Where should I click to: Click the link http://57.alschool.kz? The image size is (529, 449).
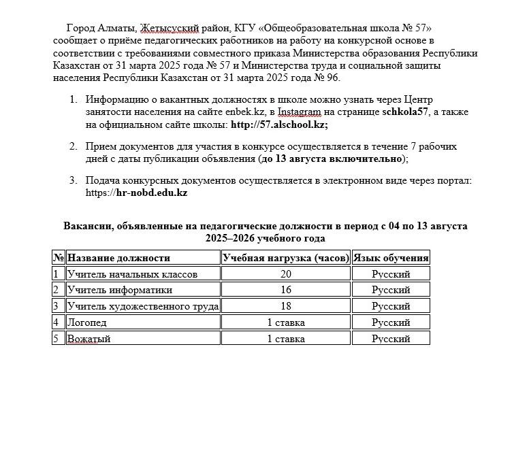[278, 124]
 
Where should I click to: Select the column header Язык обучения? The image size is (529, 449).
[391, 258]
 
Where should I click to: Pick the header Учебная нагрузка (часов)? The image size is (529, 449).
[286, 258]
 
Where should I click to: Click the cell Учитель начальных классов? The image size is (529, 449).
[132, 274]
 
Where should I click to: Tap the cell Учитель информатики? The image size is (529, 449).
[119, 290]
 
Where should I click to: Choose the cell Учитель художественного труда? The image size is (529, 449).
[143, 306]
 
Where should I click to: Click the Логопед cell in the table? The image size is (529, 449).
[87, 322]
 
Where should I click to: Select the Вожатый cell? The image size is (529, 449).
[89, 339]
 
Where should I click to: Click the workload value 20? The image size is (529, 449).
[286, 274]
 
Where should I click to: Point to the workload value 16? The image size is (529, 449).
[286, 290]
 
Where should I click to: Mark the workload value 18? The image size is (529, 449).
[286, 306]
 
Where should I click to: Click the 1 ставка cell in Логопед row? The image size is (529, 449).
[286, 322]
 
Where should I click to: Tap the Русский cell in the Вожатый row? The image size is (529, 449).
[391, 339]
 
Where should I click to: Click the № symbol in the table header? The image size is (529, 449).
[59, 258]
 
